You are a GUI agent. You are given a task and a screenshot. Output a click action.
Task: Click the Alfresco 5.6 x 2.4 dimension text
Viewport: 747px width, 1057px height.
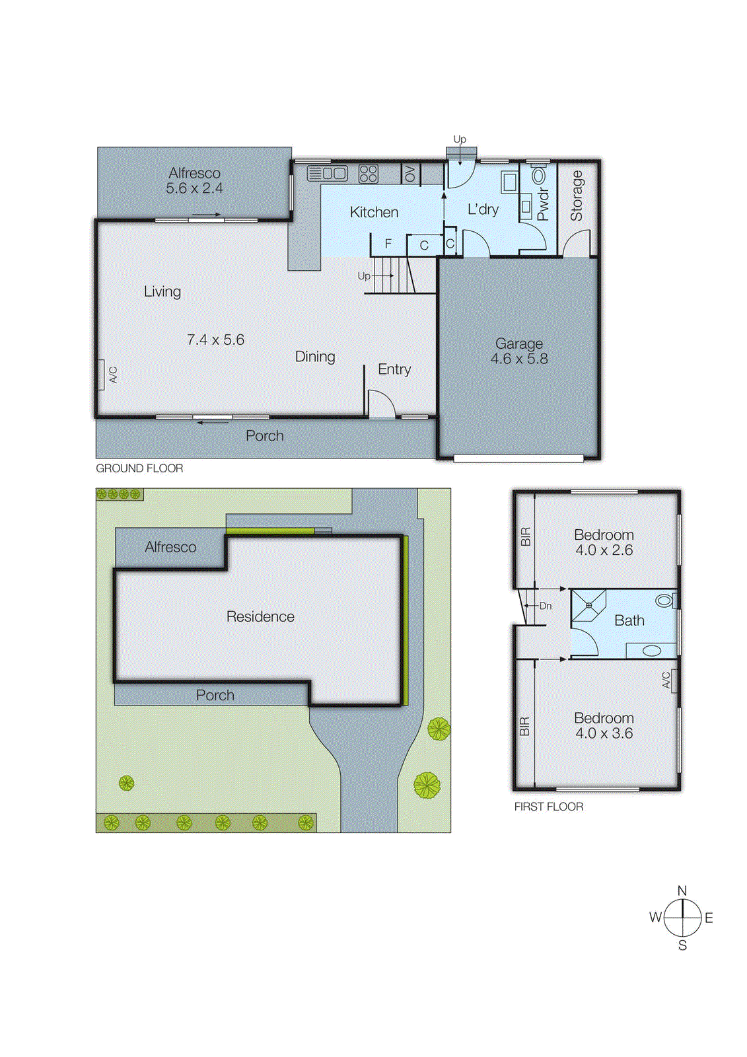pyautogui.click(x=194, y=188)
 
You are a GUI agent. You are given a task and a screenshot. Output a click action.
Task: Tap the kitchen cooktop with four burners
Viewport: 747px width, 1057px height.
pyautogui.click(x=368, y=174)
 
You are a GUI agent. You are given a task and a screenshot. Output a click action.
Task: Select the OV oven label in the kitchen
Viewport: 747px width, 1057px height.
pyautogui.click(x=410, y=174)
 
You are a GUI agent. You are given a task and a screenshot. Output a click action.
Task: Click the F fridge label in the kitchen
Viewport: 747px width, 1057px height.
pyautogui.click(x=388, y=244)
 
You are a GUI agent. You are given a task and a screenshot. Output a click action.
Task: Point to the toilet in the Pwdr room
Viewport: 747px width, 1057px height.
pyautogui.click(x=540, y=176)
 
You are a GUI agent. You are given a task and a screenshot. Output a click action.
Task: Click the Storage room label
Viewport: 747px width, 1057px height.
pyautogui.click(x=577, y=196)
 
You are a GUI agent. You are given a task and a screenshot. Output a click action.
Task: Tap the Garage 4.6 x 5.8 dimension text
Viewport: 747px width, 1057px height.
pyautogui.click(x=519, y=359)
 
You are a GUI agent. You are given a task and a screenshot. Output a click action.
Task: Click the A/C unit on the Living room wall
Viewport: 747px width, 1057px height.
pyautogui.click(x=101, y=375)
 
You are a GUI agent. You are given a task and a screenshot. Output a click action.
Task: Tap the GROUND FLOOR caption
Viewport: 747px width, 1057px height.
pyautogui.click(x=139, y=468)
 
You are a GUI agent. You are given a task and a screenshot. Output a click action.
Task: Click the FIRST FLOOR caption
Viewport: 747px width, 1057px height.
pyautogui.click(x=548, y=807)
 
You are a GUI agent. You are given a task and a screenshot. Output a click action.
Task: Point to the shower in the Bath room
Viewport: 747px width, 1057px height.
pyautogui.click(x=588, y=606)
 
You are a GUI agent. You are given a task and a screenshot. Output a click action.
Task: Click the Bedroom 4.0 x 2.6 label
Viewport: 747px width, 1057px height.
pyautogui.click(x=604, y=542)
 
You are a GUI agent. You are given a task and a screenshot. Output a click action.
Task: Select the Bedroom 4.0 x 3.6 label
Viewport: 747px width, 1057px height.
pyautogui.click(x=604, y=725)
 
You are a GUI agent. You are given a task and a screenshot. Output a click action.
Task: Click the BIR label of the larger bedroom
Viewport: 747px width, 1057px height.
pyautogui.click(x=524, y=727)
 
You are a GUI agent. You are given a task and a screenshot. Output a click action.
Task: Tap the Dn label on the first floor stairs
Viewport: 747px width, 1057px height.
pyautogui.click(x=545, y=606)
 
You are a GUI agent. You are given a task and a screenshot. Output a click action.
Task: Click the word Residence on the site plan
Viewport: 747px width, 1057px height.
pyautogui.click(x=260, y=616)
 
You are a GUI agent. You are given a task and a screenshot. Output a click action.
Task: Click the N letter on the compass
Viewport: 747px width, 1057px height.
pyautogui.click(x=682, y=891)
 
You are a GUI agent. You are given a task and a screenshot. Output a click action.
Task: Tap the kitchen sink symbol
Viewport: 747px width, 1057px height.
pyautogui.click(x=328, y=174)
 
